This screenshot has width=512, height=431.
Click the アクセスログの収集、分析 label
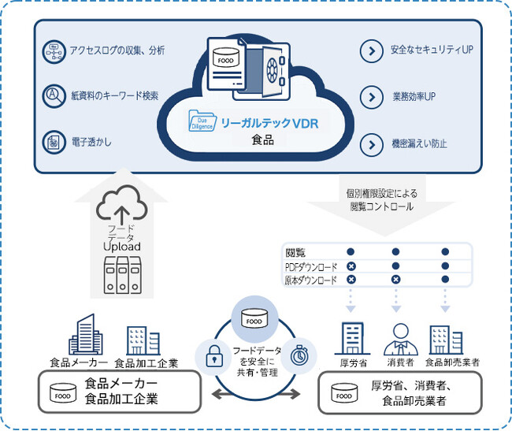116,51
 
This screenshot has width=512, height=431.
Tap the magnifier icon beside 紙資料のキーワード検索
53,95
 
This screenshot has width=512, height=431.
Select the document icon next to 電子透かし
53,142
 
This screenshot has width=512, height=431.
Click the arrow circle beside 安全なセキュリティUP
370,51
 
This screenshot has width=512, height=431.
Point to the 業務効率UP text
414,97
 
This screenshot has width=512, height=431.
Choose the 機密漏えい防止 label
420,144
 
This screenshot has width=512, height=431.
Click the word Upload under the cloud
122,247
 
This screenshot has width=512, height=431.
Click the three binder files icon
122,273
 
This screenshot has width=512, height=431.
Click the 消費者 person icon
398,339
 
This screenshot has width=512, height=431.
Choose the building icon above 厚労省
351,339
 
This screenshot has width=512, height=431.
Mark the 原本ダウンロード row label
311,280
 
